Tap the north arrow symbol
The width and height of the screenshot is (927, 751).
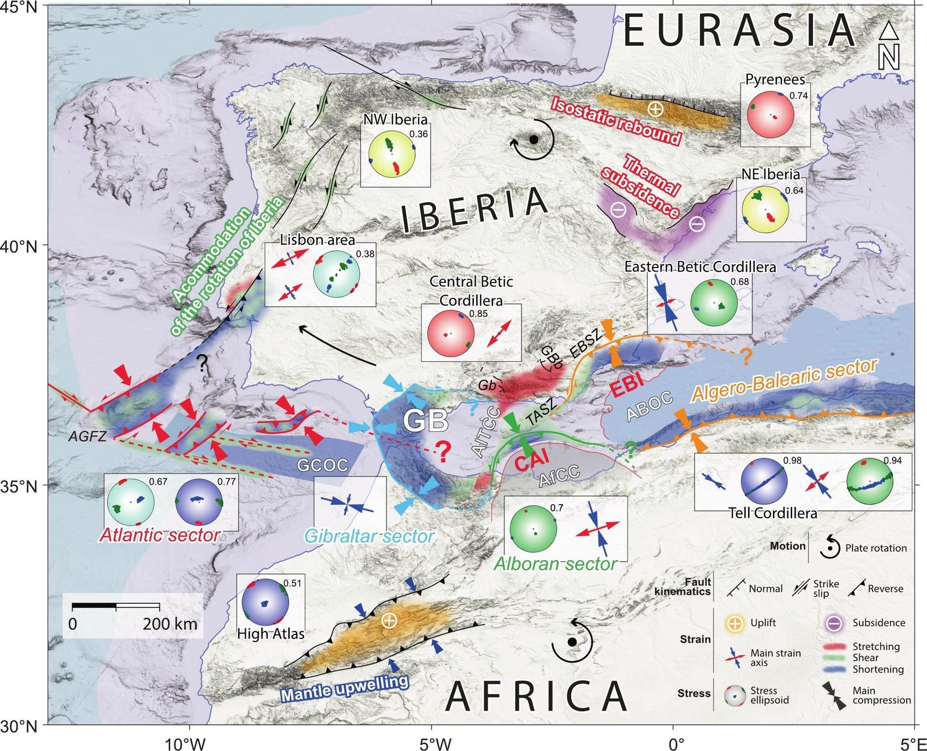(x=889, y=46)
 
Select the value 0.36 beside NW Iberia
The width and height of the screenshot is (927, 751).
(x=418, y=134)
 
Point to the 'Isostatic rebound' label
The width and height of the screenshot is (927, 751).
(x=615, y=120)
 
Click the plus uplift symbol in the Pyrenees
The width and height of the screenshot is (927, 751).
(x=655, y=108)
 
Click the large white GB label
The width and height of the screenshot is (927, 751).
(x=426, y=421)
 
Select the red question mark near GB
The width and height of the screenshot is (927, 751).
(x=443, y=452)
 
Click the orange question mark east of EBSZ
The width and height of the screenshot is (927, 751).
(x=746, y=356)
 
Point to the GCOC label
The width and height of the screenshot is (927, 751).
(x=323, y=464)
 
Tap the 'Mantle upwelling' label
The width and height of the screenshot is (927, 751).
(x=345, y=688)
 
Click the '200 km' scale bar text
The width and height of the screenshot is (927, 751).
(x=170, y=624)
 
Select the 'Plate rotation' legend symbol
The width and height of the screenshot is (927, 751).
(x=830, y=547)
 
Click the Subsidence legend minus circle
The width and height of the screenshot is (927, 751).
(x=834, y=623)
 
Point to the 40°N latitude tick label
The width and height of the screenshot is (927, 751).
(x=21, y=247)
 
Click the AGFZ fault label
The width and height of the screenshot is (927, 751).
(x=87, y=436)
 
